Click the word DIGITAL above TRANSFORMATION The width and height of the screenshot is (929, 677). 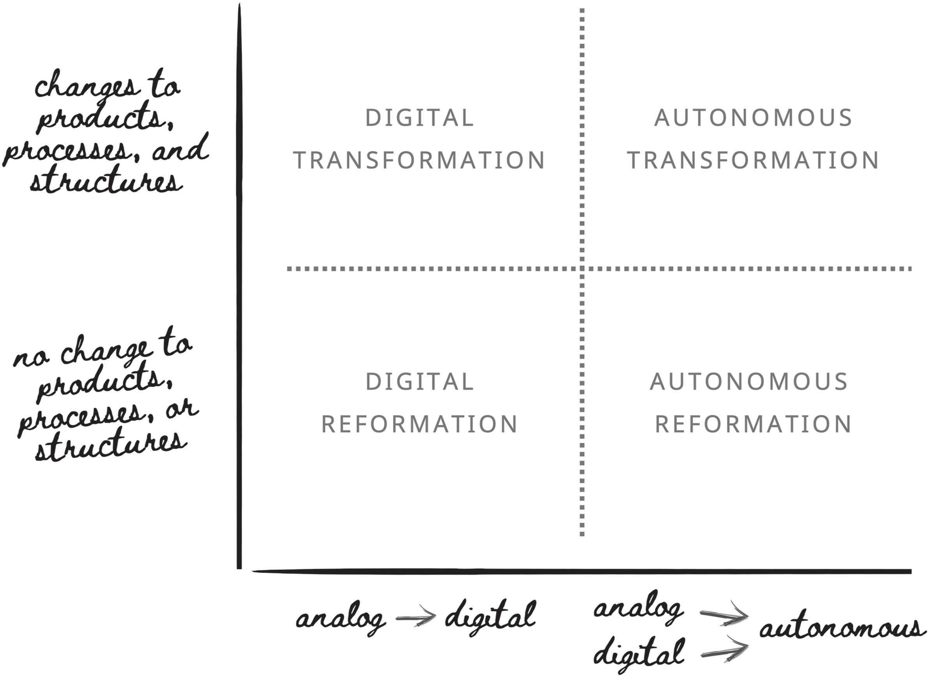click(419, 118)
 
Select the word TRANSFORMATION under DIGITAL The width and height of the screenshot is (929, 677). click(419, 160)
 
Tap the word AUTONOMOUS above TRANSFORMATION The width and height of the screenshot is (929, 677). click(753, 118)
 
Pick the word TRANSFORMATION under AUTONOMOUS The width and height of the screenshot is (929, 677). click(753, 160)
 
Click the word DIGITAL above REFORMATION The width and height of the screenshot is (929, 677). click(419, 382)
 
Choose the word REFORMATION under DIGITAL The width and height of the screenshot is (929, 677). click(419, 424)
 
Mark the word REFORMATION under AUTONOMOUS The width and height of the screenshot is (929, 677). click(753, 424)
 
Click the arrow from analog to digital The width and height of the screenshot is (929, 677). click(416, 617)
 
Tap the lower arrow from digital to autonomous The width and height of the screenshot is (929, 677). click(724, 650)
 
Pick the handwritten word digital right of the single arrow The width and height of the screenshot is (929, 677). click(490, 617)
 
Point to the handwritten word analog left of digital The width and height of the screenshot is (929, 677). click(340, 619)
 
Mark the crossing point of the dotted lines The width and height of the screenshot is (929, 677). click(582, 269)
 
